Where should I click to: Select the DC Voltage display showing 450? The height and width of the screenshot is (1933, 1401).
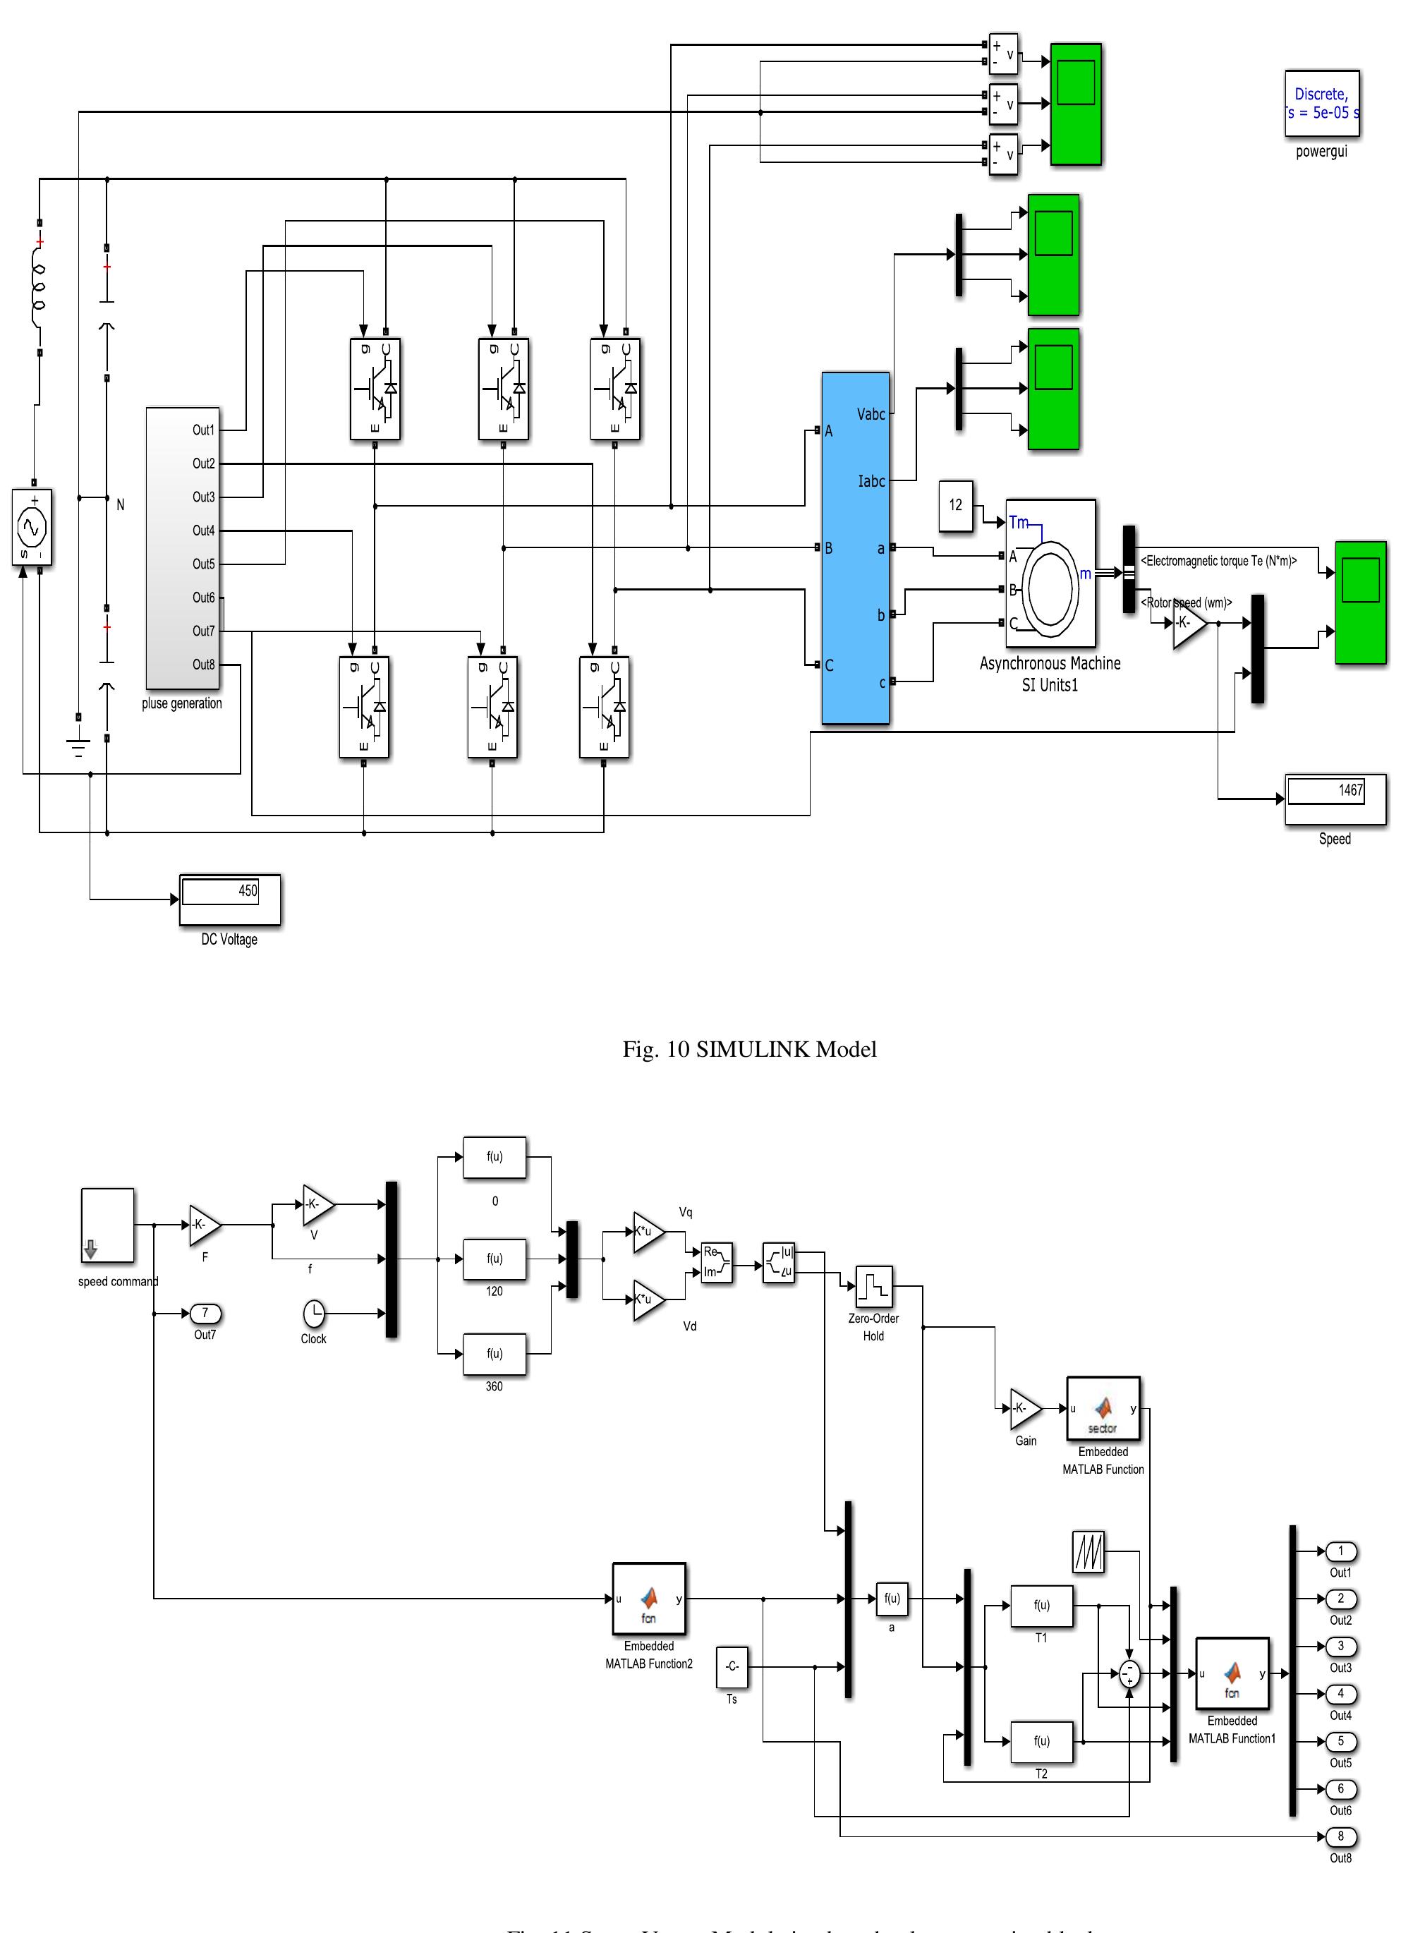[x=229, y=899]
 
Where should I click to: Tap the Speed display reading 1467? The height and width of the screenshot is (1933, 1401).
[x=1335, y=799]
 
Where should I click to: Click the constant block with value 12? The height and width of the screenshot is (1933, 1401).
[x=955, y=505]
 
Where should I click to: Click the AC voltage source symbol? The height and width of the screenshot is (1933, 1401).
[x=32, y=527]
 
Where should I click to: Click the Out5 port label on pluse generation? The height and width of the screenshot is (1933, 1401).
[x=203, y=564]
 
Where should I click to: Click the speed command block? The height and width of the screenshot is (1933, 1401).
[x=107, y=1225]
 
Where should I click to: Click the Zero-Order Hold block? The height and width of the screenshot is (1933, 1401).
[x=873, y=1286]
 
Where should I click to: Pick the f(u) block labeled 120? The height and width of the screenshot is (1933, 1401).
[x=495, y=1259]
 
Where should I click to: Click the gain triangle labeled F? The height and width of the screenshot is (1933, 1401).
[x=204, y=1225]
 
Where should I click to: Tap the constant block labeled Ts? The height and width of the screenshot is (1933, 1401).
[x=731, y=1666]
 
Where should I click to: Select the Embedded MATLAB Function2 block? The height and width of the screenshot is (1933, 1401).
[x=648, y=1599]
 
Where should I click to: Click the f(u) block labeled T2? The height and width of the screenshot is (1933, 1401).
[x=1041, y=1740]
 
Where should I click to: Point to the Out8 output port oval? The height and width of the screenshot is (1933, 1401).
[x=1340, y=1836]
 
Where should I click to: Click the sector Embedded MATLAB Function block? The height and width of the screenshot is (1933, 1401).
[x=1103, y=1409]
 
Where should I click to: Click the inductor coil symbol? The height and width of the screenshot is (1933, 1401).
[x=38, y=286]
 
